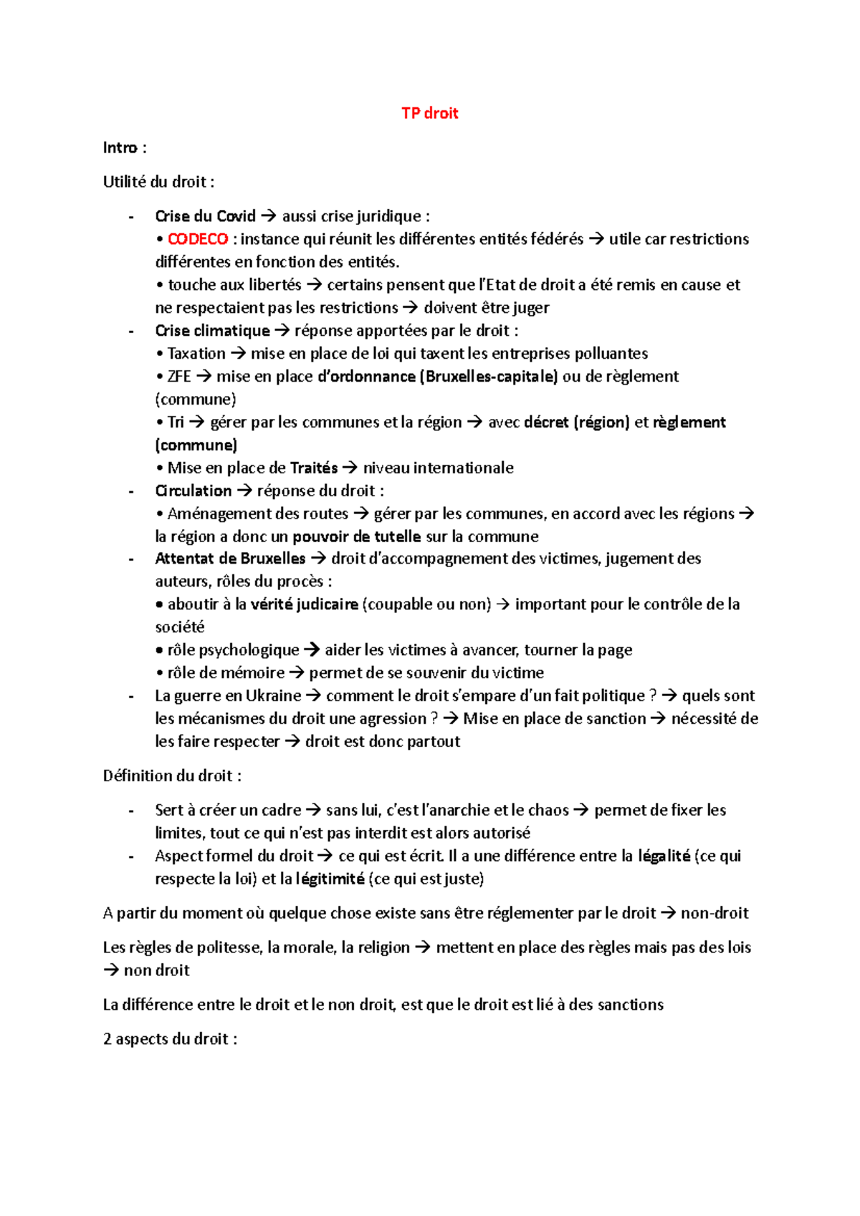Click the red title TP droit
pyautogui.click(x=429, y=113)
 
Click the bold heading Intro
pyautogui.click(x=120, y=148)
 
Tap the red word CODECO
pyautogui.click(x=198, y=239)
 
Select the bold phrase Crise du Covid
pyautogui.click(x=205, y=216)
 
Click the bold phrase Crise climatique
pyautogui.click(x=212, y=331)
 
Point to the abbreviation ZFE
pyautogui.click(x=178, y=377)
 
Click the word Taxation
pyautogui.click(x=196, y=354)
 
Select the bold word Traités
pyautogui.click(x=314, y=468)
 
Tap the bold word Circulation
pyautogui.click(x=193, y=491)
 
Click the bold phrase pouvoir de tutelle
pyautogui.click(x=356, y=537)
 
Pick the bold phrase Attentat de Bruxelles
pyautogui.click(x=230, y=559)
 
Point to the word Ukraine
pyautogui.click(x=273, y=696)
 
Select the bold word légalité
pyautogui.click(x=664, y=856)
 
